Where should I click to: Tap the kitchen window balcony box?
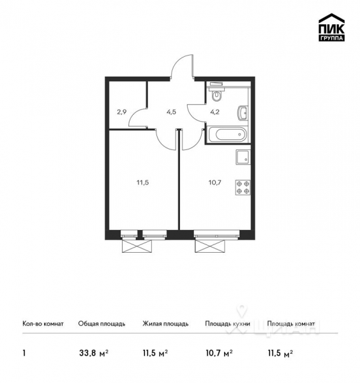click(x=212, y=246)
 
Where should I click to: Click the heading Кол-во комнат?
click(x=43, y=324)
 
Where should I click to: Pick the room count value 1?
click(x=24, y=352)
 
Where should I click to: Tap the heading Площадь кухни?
click(x=227, y=324)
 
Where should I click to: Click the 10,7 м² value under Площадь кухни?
click(x=218, y=352)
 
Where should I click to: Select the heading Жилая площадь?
click(x=165, y=324)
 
